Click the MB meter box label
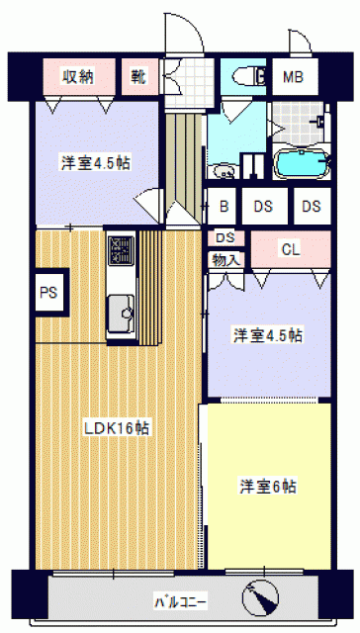pos(293,77)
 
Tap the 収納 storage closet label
pos(78,76)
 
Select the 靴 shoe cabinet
pos(139,77)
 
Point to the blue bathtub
pos(303,163)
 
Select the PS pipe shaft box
pos(49,292)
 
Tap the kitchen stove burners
pos(121,250)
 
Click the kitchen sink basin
pos(121,313)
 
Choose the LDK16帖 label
pos(117,428)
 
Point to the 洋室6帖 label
pos(268,486)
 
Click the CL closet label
pos(291,250)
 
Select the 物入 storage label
pos(226,259)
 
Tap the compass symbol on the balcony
pos(260,596)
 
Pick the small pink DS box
pos(226,238)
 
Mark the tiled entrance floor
pos(189,83)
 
